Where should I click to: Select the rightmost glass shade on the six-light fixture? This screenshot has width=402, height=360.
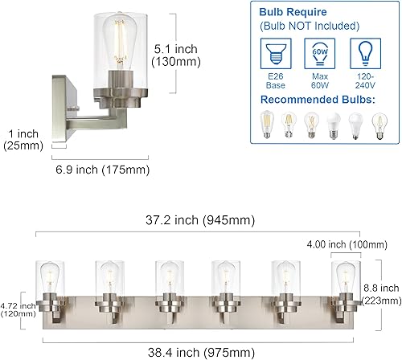point(343,281)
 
